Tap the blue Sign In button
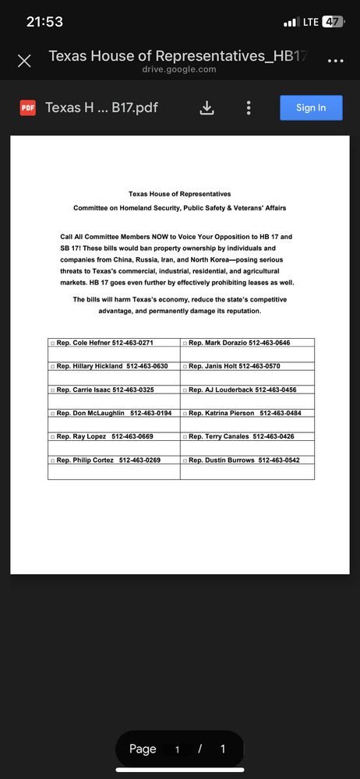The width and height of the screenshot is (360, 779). [311, 108]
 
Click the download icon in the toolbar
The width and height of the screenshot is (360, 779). [206, 108]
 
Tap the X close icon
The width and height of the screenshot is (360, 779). [24, 61]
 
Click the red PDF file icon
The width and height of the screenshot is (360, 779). [27, 108]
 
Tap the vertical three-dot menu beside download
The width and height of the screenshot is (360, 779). [249, 108]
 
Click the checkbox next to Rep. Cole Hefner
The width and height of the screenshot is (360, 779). [52, 343]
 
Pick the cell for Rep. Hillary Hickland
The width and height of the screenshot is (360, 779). [112, 366]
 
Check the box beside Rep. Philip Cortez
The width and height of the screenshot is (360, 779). [52, 460]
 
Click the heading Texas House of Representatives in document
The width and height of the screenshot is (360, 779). [179, 194]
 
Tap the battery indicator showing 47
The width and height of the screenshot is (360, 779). [333, 22]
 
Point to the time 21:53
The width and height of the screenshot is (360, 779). [44, 22]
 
